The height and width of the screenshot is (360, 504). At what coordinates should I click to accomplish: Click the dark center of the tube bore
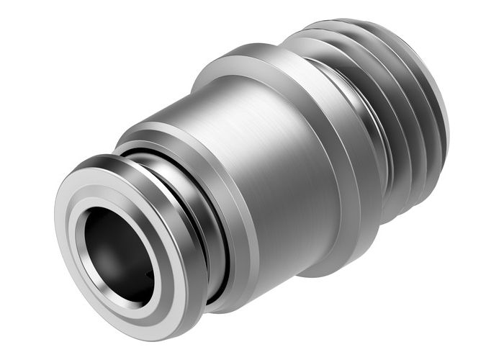(115, 245)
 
